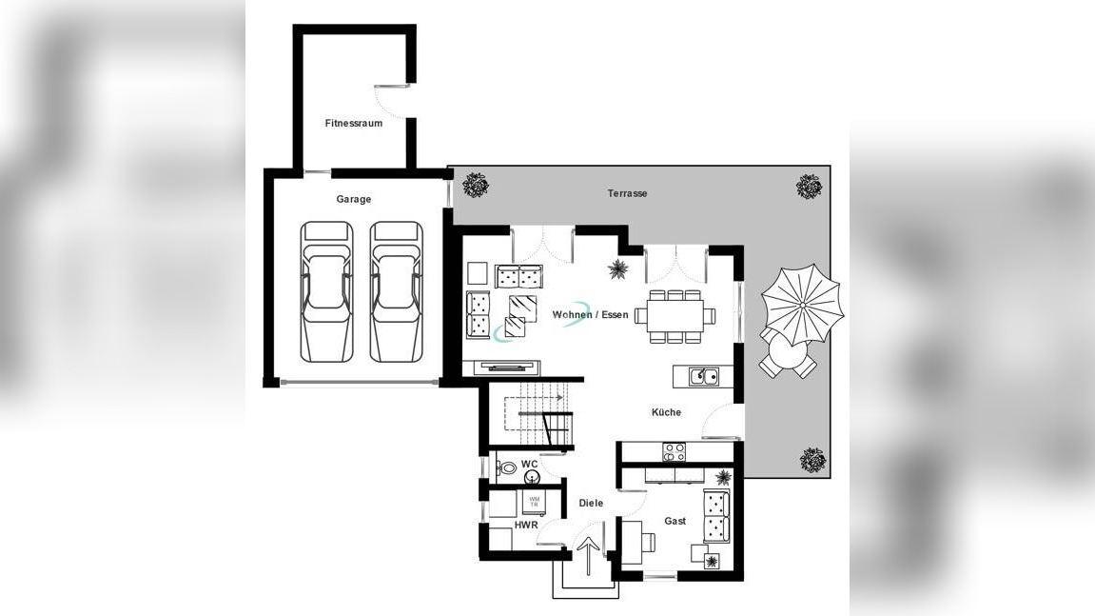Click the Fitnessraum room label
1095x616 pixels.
coord(353,123)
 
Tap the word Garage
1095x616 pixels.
coord(353,199)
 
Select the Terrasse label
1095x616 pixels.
coord(627,193)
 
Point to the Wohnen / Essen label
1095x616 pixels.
coord(590,314)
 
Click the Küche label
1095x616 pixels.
coord(666,412)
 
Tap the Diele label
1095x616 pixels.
coord(591,503)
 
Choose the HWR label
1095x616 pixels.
coord(526,525)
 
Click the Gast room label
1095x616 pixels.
coord(675,521)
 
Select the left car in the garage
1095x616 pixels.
coord(326,292)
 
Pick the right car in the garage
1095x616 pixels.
coord(396,292)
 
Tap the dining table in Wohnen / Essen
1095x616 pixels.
coord(675,315)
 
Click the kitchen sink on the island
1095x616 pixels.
coord(704,376)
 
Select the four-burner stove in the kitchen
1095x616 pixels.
coord(674,452)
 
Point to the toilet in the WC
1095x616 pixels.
coord(507,467)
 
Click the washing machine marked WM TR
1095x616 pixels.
coord(535,502)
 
